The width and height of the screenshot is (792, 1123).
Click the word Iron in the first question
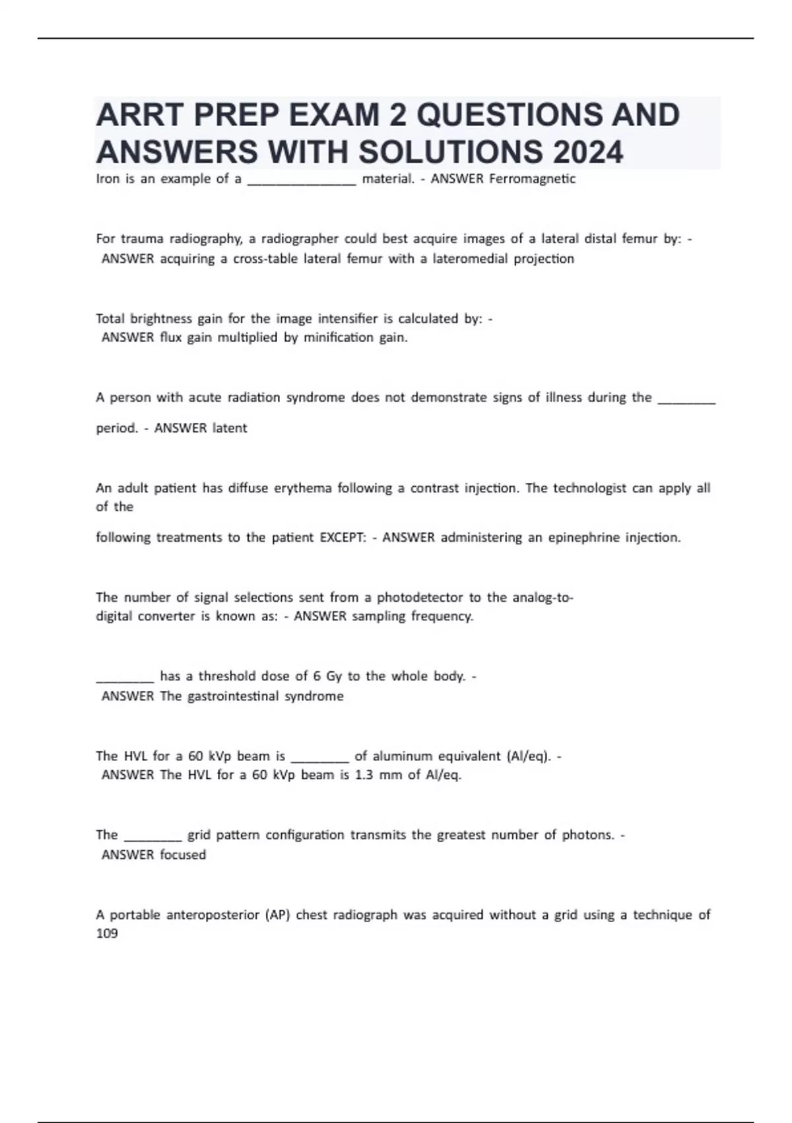point(108,178)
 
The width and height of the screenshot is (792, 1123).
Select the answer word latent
point(229,428)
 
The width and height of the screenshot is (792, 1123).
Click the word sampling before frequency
point(378,617)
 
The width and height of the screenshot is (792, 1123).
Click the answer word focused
point(183,855)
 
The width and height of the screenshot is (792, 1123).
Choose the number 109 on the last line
point(107,933)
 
